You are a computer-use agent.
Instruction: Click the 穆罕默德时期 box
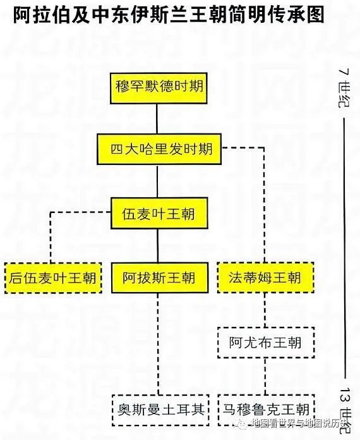point(158,86)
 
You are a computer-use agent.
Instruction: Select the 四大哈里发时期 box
point(161,150)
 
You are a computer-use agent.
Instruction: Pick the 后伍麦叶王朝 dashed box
point(52,278)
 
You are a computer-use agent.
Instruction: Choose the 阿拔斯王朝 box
point(159,278)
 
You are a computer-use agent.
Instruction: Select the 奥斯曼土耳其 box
point(159,408)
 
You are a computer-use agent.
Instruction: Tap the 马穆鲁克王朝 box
point(265,408)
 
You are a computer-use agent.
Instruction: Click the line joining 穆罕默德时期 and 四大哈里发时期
point(158,118)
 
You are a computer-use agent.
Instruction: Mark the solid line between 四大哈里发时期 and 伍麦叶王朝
point(158,182)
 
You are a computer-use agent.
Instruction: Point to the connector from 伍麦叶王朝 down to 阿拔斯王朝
point(158,246)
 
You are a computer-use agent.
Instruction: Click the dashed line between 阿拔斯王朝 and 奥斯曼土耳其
point(158,345)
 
